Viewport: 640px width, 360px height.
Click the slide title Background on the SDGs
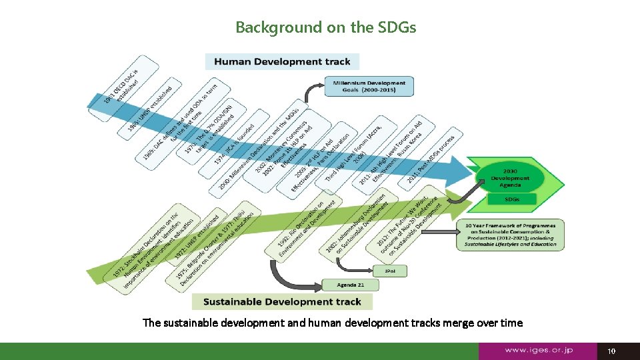(x=325, y=27)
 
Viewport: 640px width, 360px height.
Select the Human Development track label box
(x=282, y=62)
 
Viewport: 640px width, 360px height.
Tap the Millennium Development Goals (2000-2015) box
(x=369, y=87)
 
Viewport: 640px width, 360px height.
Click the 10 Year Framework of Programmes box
(x=511, y=235)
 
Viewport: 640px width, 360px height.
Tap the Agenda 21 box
(x=350, y=285)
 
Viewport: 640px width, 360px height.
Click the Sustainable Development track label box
(x=282, y=302)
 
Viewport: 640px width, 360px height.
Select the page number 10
(x=612, y=351)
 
